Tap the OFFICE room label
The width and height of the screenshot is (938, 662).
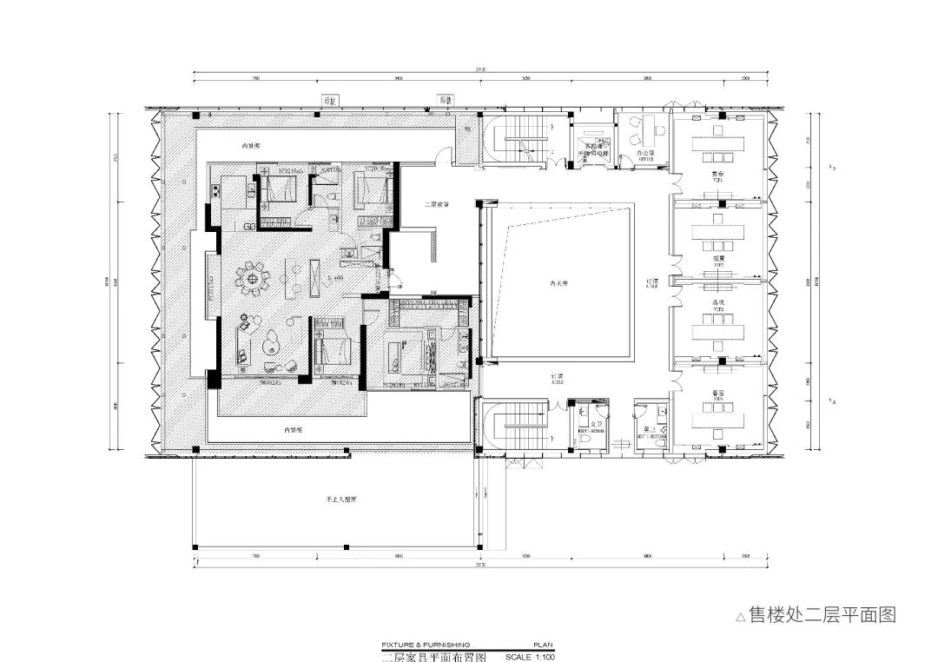pos(644,161)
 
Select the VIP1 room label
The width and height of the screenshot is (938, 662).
pos(718,181)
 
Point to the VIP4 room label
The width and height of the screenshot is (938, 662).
pos(718,398)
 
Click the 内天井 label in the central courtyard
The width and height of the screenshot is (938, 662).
pos(558,282)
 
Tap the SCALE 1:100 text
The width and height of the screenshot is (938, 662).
pos(530,657)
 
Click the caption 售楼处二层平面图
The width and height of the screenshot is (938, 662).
pos(821,615)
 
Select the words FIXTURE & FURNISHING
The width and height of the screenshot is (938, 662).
pos(426,645)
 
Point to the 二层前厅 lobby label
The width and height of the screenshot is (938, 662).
pos(436,205)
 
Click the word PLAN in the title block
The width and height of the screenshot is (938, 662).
pos(543,645)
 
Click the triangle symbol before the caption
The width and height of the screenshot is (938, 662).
pos(740,618)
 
